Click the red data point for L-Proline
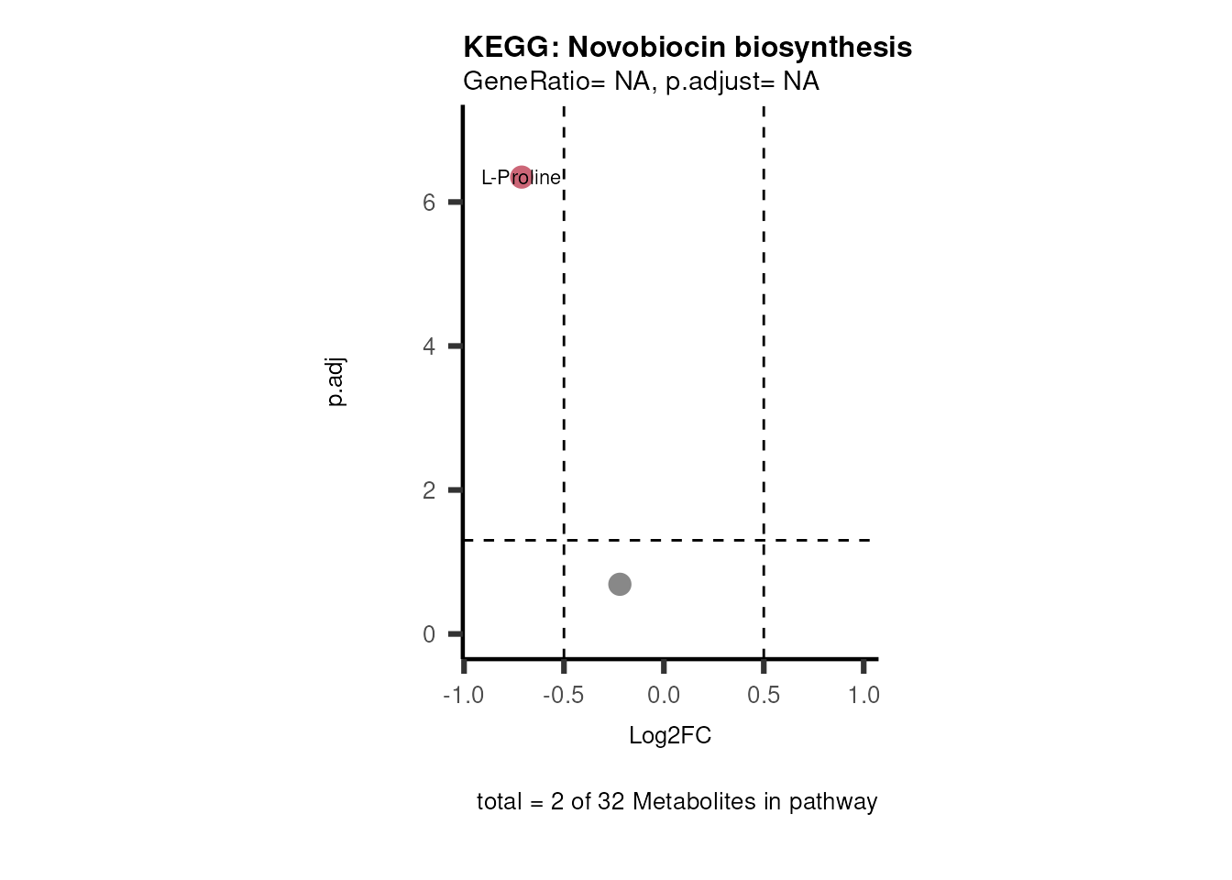coord(521,177)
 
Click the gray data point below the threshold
coord(620,584)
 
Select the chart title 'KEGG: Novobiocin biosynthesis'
coord(687,48)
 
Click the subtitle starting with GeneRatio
coord(641,82)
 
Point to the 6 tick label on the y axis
coord(429,203)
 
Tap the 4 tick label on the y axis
coord(429,346)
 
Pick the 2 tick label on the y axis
coord(429,490)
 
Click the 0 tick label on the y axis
coord(429,634)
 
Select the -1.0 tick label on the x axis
coord(463,696)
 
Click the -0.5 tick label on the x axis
coord(563,696)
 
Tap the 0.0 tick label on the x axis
coord(664,696)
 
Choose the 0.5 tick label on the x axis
coord(764,696)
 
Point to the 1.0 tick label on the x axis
coord(863,696)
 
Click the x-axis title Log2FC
coord(670,736)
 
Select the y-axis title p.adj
coord(336,383)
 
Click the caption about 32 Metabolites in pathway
coord(676,802)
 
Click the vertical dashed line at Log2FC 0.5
coord(764,367)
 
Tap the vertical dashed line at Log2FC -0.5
coord(564,367)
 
